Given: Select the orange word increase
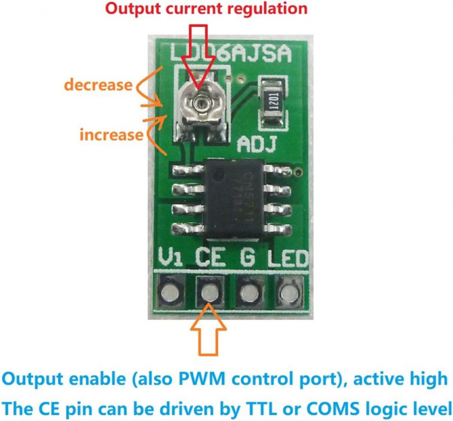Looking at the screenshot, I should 111,134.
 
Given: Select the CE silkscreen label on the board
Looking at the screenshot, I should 211,258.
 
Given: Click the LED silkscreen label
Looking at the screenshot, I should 288,258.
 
